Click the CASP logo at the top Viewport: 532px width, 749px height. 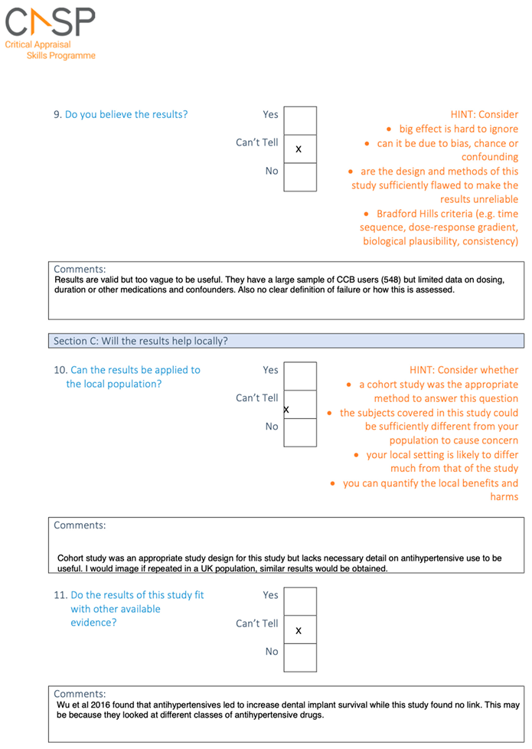[50, 22]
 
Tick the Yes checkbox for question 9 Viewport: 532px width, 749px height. [299, 120]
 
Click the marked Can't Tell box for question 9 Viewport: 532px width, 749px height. [299, 149]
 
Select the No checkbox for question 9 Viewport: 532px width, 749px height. [299, 177]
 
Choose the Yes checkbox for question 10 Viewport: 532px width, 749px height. [299, 376]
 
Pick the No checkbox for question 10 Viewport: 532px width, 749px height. [299, 432]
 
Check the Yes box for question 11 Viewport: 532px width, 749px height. [299, 601]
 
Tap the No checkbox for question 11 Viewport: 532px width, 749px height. [299, 657]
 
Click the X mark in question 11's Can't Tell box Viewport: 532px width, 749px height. [299, 630]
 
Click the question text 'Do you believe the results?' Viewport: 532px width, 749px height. [126, 115]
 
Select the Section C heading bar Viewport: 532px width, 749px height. [286, 341]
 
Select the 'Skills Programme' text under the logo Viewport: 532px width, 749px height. [61, 56]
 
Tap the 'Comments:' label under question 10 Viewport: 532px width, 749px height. [80, 525]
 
